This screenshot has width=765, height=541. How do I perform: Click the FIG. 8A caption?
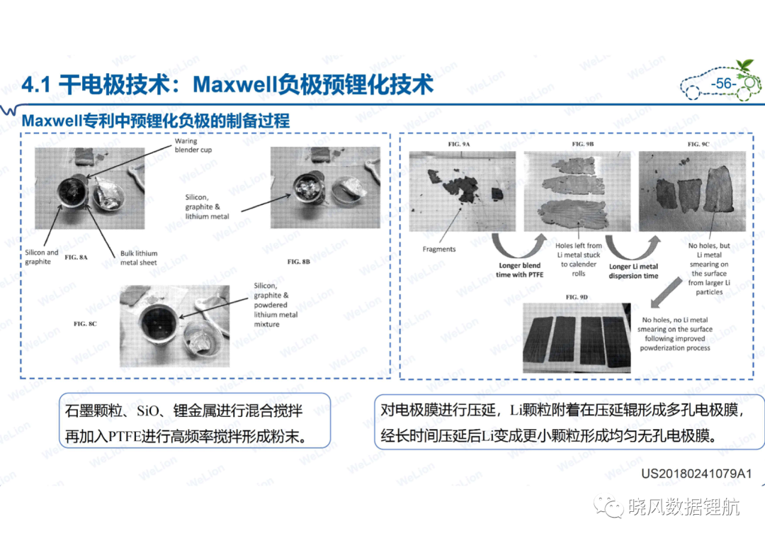(x=76, y=257)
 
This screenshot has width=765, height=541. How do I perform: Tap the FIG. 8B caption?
(x=299, y=262)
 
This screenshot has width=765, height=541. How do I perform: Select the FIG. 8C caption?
(x=86, y=324)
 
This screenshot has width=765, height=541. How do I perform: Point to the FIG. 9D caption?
(x=577, y=297)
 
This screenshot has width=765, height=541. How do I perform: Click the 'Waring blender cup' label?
(x=193, y=145)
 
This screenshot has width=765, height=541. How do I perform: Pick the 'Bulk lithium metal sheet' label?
(x=139, y=258)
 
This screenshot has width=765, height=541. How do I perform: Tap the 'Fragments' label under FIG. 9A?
(x=439, y=249)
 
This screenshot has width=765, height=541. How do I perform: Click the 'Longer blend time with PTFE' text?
(x=520, y=270)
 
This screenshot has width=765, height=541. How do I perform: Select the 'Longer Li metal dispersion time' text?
(x=633, y=271)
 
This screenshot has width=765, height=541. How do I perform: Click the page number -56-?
(x=723, y=84)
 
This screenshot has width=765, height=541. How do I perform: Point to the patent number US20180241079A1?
(x=696, y=473)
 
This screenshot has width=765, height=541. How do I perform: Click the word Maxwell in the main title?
(x=236, y=84)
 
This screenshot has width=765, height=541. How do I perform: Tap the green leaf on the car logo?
(x=745, y=65)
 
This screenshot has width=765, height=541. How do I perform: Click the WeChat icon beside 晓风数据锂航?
(x=608, y=506)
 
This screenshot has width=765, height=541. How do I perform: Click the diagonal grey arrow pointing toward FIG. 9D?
(x=667, y=292)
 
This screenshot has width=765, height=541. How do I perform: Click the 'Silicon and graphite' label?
(x=42, y=257)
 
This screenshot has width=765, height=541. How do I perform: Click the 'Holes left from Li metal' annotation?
(x=579, y=260)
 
